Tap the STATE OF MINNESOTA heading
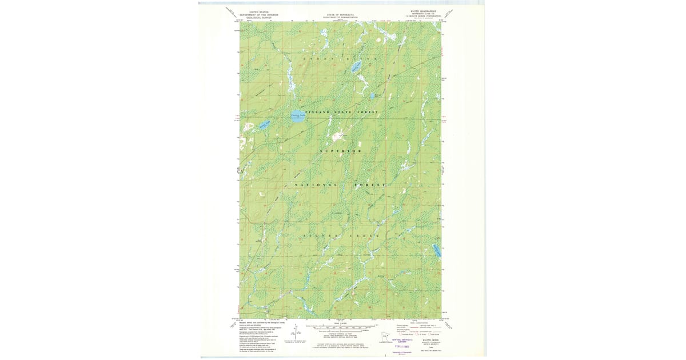[340, 14]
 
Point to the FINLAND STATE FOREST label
[341, 112]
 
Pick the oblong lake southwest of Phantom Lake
[262, 125]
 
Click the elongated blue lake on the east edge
[436, 250]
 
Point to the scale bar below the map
[340, 329]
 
